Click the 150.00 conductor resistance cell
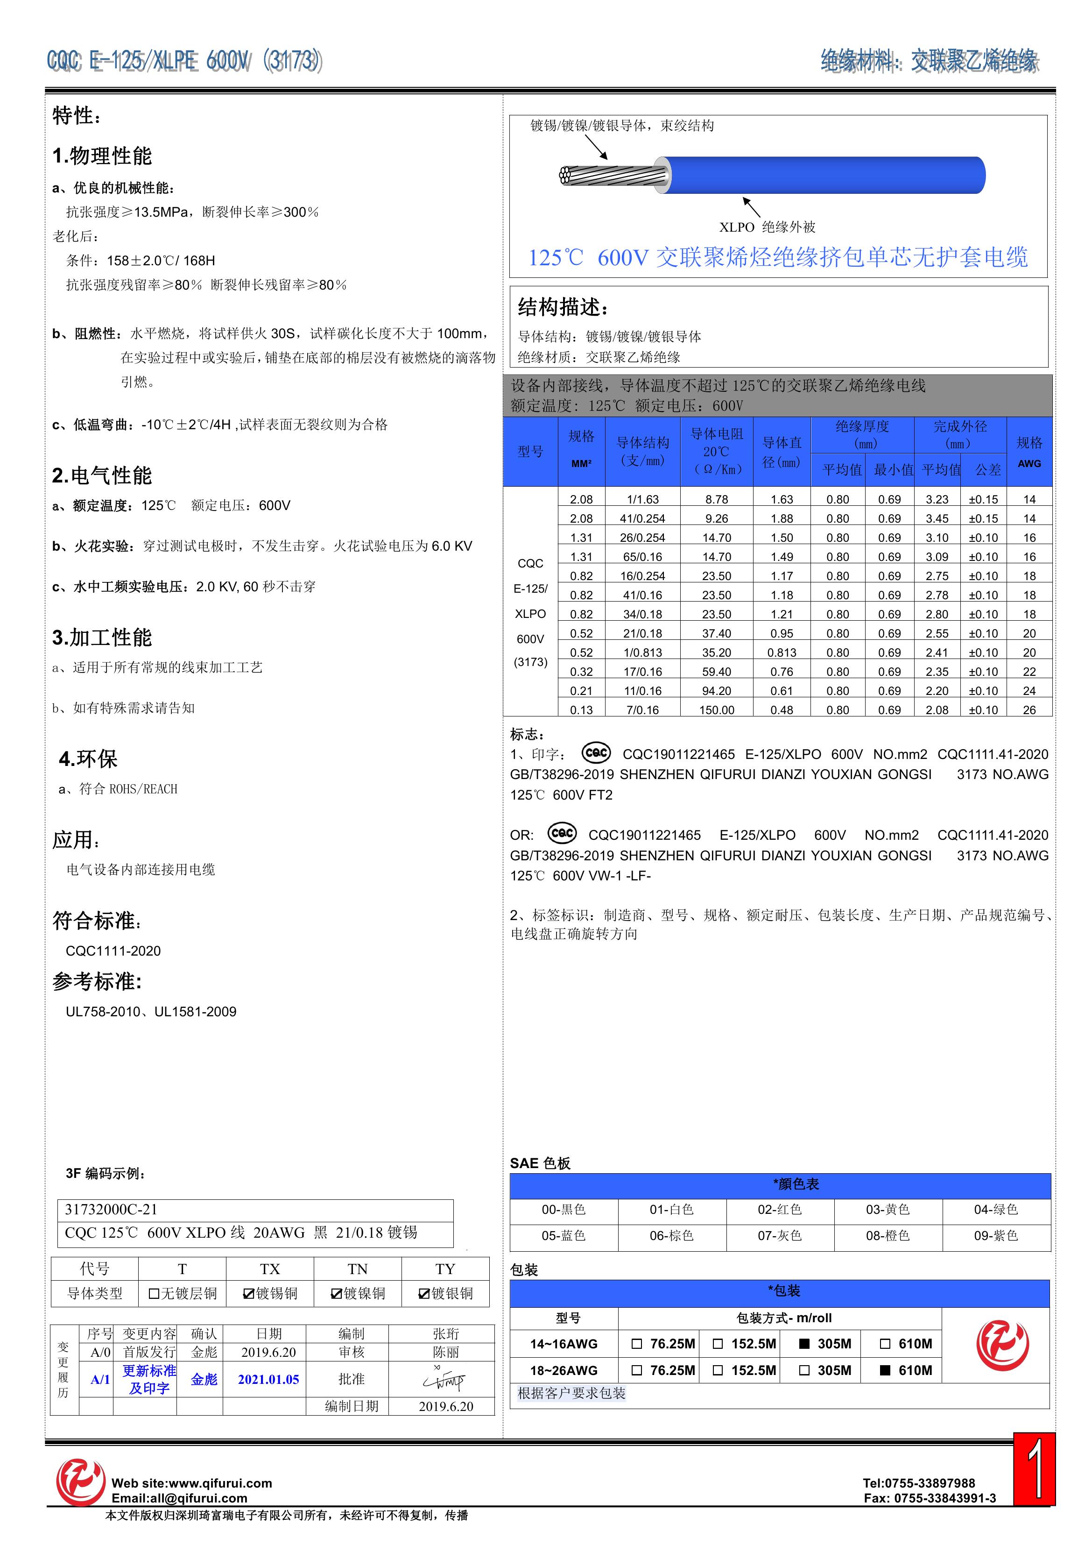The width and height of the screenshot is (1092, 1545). point(717,710)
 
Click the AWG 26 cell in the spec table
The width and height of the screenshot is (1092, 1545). point(1029,710)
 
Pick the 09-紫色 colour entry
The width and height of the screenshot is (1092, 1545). point(996,1235)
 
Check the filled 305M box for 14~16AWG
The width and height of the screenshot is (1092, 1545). point(803,1344)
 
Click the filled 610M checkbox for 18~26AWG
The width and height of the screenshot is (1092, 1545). point(886,1370)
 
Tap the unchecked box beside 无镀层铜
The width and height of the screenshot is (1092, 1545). point(154,1293)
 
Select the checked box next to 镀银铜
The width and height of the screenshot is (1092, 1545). point(424,1293)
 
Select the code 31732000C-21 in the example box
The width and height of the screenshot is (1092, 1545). point(111,1209)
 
